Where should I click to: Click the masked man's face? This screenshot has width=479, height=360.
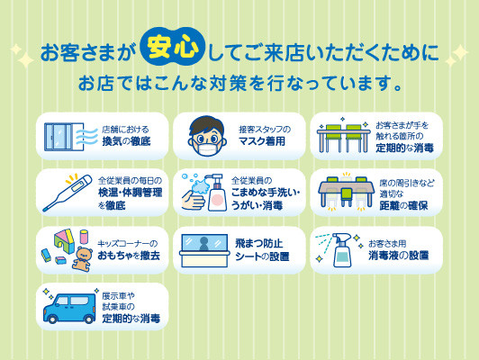[207, 136]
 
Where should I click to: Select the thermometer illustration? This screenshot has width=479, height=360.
[67, 193]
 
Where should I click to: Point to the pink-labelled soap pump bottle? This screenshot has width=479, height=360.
[217, 193]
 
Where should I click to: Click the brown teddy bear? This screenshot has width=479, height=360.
[83, 259]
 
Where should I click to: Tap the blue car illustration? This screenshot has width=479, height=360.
[69, 309]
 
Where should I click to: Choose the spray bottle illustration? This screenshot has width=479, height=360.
[342, 250]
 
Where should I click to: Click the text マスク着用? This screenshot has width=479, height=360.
[262, 141]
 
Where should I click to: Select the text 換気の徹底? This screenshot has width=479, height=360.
[126, 141]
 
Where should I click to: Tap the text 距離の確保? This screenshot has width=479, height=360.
[403, 206]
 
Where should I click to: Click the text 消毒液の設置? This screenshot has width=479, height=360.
[398, 256]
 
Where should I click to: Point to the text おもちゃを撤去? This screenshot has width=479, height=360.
[129, 256]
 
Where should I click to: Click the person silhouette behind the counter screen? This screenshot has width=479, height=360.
[203, 244]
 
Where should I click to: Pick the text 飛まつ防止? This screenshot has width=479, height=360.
[258, 243]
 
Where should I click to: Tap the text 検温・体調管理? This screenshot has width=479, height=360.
[131, 193]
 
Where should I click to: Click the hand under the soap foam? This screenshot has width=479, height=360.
[193, 201]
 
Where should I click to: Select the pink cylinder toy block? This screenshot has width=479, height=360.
[84, 237]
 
